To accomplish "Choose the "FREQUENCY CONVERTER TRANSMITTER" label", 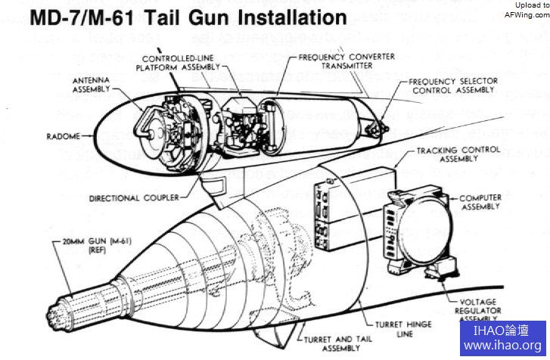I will pos(334,61).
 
